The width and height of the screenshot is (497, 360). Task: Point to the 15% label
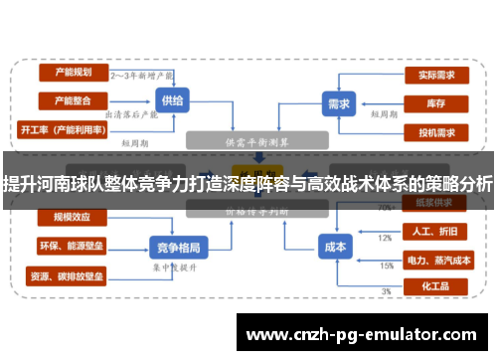386,266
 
